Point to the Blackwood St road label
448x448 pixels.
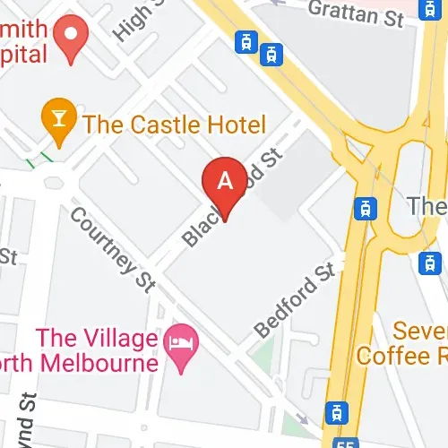coord(231,199)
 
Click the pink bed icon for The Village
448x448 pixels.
coord(177,340)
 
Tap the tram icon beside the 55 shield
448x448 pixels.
coord(336,412)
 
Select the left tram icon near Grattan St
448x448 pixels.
coord(243,41)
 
